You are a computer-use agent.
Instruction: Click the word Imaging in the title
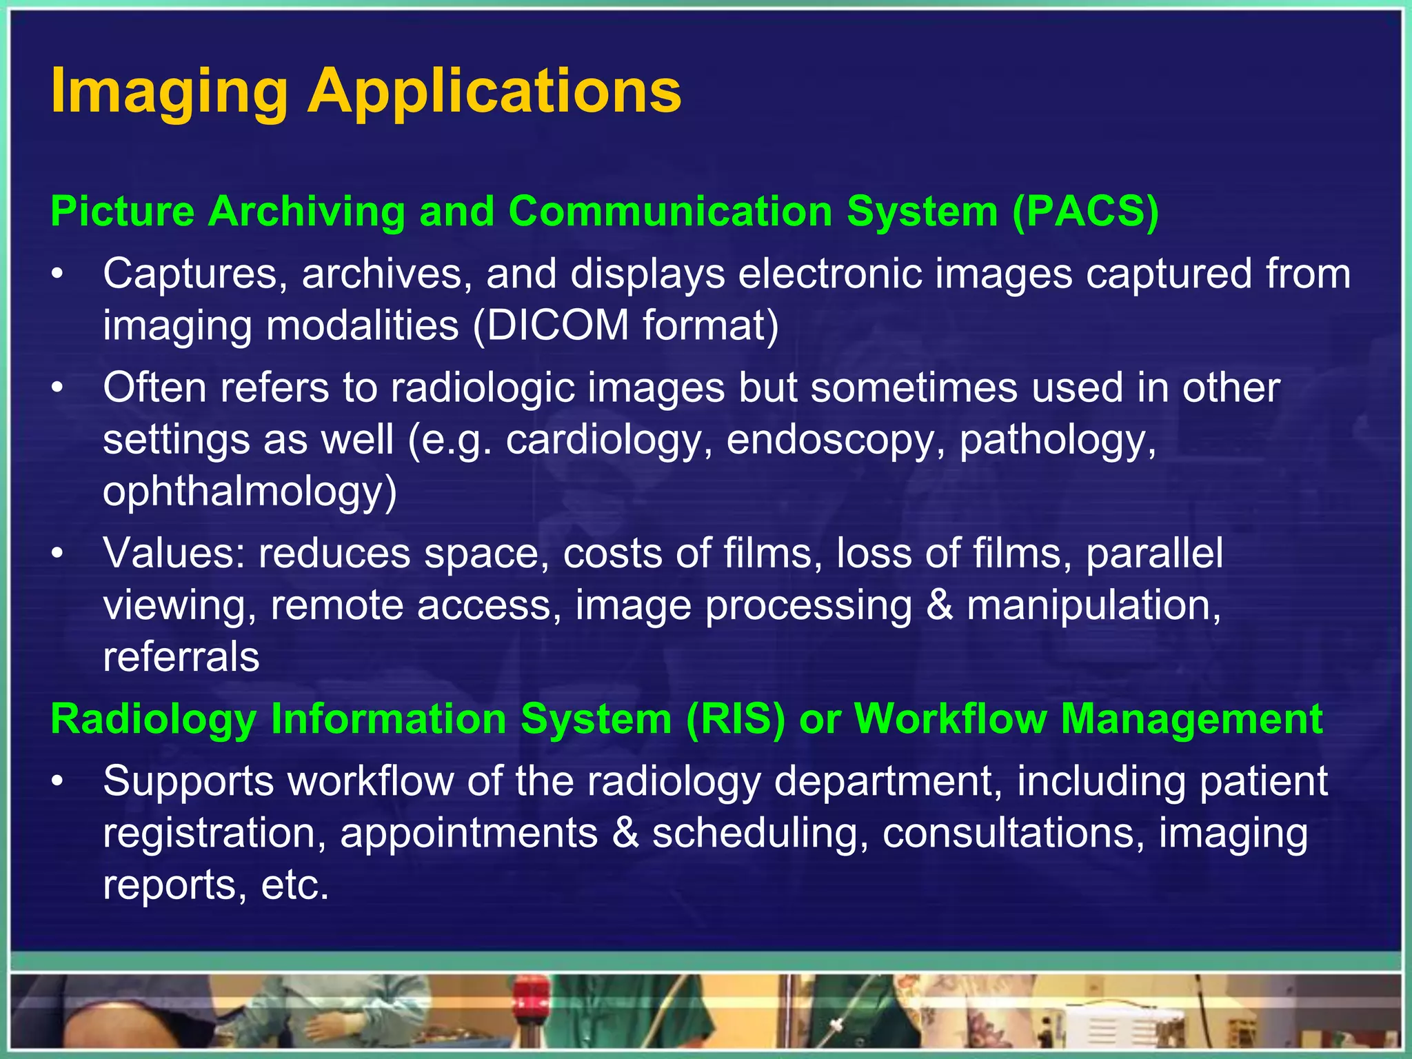(169, 92)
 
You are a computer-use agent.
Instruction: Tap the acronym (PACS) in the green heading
(1086, 211)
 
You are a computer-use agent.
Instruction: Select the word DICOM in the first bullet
(551, 325)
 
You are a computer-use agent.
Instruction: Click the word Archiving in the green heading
(306, 211)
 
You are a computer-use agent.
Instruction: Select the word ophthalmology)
(250, 491)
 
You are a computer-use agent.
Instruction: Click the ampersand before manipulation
(940, 605)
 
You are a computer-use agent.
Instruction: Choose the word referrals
(181, 656)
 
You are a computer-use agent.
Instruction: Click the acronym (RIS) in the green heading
(736, 719)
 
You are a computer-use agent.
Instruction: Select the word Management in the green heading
(1191, 719)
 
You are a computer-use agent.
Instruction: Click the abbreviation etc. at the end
(295, 885)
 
